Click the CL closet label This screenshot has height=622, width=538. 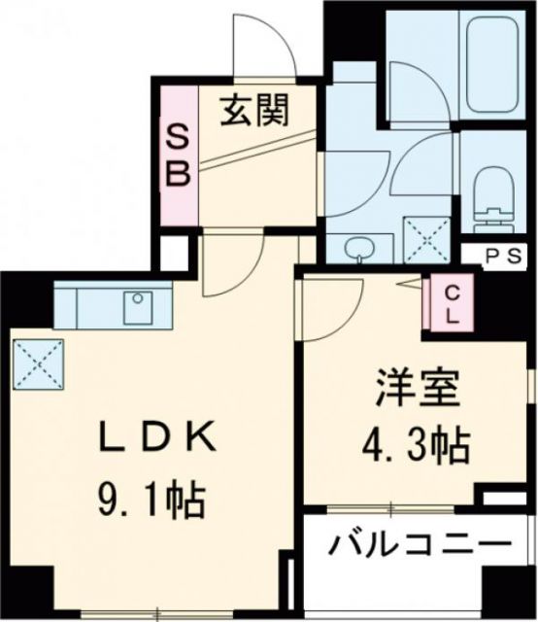pos(453,303)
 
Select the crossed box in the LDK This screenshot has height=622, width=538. pos(38,363)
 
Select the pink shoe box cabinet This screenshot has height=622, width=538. pos(181,155)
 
